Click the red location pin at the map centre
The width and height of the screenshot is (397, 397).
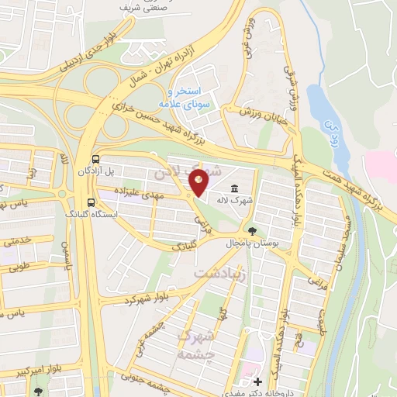click(x=199, y=183)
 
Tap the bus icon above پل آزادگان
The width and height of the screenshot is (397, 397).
click(x=94, y=156)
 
